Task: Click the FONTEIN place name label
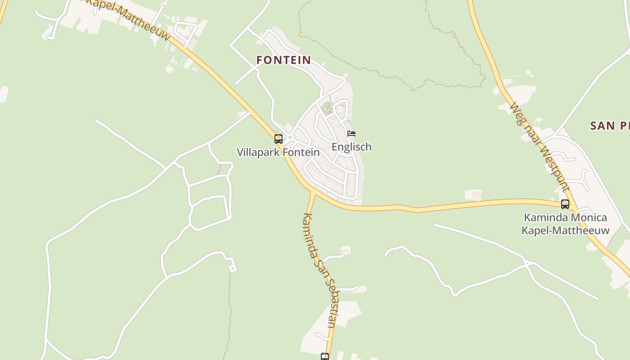283,60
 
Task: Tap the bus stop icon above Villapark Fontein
279,139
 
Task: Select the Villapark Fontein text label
278,152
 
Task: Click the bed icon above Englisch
351,134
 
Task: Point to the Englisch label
351,147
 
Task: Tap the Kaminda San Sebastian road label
319,270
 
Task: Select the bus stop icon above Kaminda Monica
565,204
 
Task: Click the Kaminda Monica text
565,218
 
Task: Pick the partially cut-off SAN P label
610,126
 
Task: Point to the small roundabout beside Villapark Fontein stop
290,137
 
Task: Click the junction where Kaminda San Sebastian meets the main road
312,193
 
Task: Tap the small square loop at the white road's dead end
233,269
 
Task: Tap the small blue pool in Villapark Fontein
343,106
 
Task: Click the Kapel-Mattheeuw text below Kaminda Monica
565,230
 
